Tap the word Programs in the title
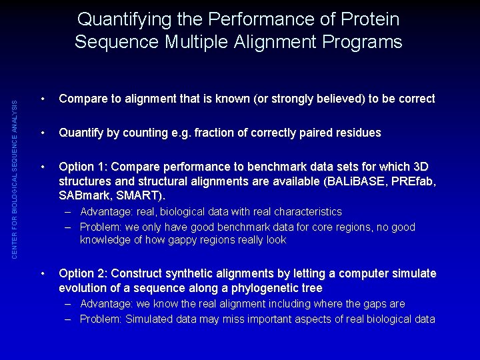click(361, 43)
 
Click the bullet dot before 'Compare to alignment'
click(42, 99)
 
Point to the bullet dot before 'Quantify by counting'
click(42, 133)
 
